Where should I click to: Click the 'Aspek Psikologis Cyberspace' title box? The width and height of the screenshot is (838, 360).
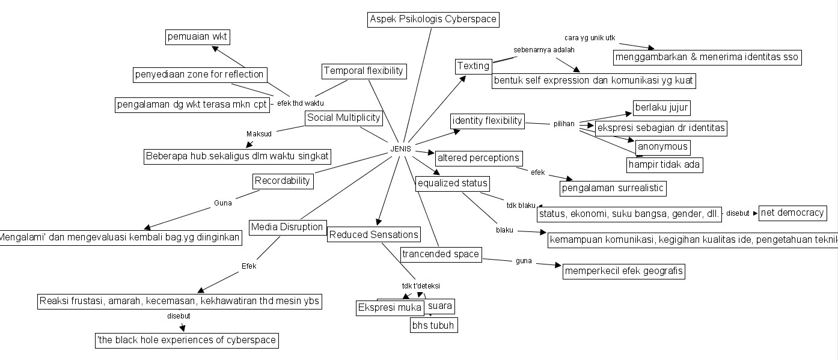click(x=433, y=19)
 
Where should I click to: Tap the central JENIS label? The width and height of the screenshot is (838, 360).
click(x=401, y=148)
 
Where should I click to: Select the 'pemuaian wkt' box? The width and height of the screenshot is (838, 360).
click(x=198, y=37)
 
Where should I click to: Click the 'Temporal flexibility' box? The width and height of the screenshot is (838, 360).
click(x=364, y=71)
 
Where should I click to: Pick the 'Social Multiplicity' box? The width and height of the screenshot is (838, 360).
click(x=344, y=118)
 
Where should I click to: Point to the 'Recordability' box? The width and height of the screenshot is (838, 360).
click(x=283, y=180)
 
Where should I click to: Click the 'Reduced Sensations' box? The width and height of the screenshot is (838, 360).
click(x=373, y=235)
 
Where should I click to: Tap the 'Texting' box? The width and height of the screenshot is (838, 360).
click(x=473, y=66)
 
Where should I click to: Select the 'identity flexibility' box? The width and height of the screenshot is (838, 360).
click(x=487, y=121)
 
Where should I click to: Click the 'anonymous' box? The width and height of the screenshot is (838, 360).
click(x=662, y=147)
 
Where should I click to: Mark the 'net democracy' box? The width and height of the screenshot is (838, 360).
click(x=792, y=213)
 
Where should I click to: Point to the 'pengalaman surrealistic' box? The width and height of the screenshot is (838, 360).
click(x=613, y=188)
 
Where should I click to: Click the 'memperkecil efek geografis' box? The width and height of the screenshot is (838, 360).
click(x=624, y=271)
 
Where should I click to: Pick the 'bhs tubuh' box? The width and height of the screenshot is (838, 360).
click(x=433, y=326)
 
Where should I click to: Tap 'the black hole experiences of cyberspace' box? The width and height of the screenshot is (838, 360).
click(x=187, y=340)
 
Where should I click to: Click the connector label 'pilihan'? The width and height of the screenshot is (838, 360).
click(x=564, y=124)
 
